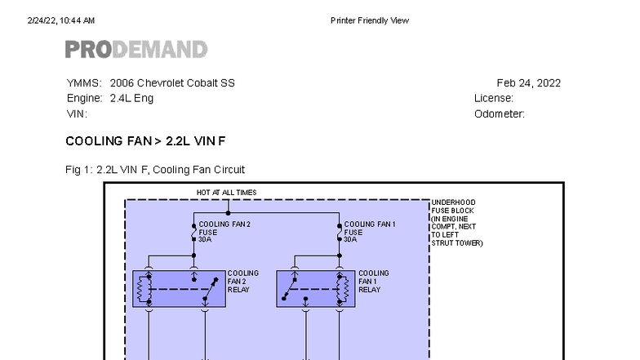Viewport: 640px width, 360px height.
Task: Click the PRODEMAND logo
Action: [x=136, y=49]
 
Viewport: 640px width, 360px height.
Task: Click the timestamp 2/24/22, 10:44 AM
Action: [x=61, y=20]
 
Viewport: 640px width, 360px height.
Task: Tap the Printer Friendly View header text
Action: [x=370, y=20]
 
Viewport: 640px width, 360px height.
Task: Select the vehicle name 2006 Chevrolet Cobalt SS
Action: [x=172, y=83]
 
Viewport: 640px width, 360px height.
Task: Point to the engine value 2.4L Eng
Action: [x=131, y=98]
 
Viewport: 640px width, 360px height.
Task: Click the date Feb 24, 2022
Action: [x=529, y=83]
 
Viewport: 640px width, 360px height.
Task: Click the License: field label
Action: [x=493, y=98]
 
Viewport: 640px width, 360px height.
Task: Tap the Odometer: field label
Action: [x=500, y=114]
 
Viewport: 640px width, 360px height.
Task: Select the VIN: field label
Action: [x=77, y=114]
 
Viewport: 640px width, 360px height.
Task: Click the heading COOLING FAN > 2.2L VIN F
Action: [x=145, y=141]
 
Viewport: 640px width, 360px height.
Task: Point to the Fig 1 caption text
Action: [x=155, y=170]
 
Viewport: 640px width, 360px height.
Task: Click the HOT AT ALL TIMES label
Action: [x=227, y=193]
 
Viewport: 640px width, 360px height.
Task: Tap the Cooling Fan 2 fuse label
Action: [x=224, y=232]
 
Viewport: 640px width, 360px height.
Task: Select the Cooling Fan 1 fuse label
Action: [x=370, y=232]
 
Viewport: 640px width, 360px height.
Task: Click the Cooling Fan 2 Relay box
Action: [x=180, y=289]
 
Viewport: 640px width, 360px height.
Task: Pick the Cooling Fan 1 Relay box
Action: [x=316, y=289]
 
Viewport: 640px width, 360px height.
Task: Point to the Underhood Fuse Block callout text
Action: [x=457, y=222]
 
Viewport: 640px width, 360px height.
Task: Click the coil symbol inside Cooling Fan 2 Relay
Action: [x=140, y=289]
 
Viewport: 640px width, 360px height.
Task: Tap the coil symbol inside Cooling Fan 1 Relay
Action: [x=344, y=289]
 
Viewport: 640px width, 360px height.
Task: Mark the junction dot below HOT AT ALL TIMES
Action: [x=229, y=213]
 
